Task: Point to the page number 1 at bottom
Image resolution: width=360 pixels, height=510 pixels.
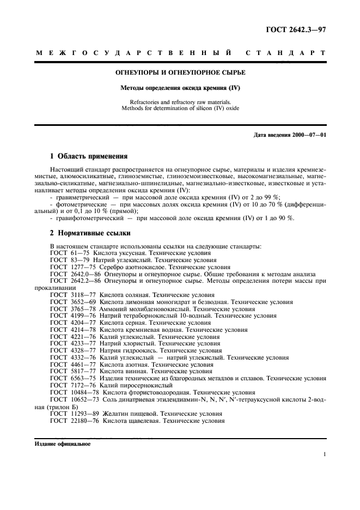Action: [x=324, y=454]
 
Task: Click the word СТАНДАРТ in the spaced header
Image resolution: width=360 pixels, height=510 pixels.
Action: [x=286, y=53]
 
